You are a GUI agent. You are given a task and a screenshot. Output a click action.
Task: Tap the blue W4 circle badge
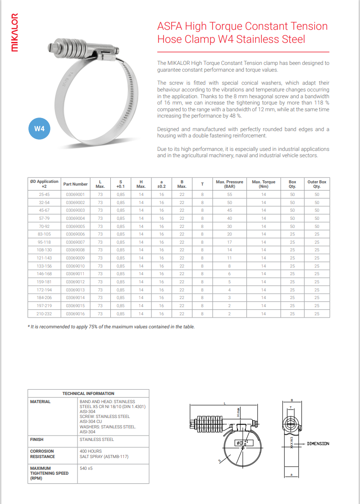[x=39, y=128]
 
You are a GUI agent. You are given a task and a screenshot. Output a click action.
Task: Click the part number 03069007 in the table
[x=75, y=242]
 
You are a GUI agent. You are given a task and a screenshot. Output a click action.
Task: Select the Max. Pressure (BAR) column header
[x=229, y=184]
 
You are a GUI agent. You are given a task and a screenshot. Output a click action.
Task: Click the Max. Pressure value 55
[x=229, y=195]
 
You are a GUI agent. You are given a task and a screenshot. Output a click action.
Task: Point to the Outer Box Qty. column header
[x=317, y=184]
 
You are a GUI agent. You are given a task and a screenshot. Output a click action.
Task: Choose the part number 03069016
[x=75, y=313]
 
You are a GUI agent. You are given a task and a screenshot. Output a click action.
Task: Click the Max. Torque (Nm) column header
[x=264, y=184]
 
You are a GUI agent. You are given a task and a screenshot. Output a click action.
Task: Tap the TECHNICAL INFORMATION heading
[x=88, y=393]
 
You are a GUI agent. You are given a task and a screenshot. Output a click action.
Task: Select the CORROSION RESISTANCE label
[x=42, y=454]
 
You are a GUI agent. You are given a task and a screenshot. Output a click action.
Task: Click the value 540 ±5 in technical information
[x=86, y=468]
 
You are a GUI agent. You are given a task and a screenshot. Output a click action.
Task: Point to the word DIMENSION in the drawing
[x=318, y=444]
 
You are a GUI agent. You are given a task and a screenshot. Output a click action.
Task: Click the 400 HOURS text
[x=91, y=451]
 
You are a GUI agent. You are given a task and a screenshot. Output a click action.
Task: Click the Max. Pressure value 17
[x=229, y=242]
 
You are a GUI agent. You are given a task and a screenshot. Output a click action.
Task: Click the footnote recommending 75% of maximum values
[x=111, y=327]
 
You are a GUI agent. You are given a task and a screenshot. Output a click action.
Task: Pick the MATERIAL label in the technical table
[x=40, y=401]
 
